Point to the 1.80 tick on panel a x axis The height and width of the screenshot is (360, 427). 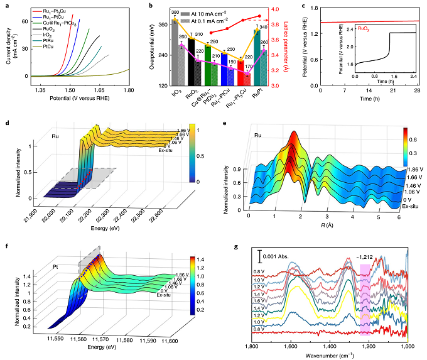pos(129,90)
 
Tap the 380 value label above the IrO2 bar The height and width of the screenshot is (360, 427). pos(157,13)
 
